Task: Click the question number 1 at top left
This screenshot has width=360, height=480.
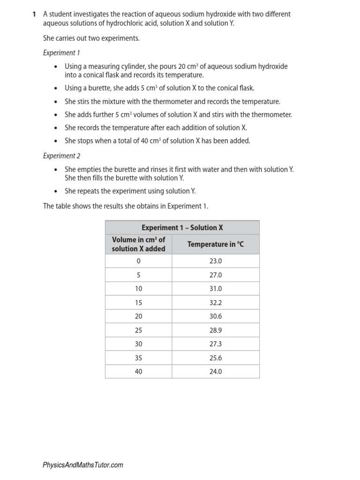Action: (34, 15)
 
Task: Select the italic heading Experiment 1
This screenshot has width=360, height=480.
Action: (61, 53)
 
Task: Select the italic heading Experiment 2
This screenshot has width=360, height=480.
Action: (62, 156)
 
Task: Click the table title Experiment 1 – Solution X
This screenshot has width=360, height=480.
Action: (182, 228)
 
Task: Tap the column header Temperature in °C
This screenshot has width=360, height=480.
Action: (215, 244)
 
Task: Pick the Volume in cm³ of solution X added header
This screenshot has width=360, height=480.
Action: (138, 244)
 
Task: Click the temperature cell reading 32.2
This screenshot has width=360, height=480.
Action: (215, 303)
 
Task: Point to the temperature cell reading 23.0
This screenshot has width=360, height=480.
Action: (215, 261)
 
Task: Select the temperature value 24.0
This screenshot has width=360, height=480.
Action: (215, 372)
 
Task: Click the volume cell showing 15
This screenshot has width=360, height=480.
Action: (138, 303)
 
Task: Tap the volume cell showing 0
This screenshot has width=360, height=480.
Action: (138, 261)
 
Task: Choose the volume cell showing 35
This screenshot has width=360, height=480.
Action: (138, 358)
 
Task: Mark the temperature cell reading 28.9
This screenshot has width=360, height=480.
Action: (215, 330)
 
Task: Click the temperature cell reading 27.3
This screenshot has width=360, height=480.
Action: (215, 344)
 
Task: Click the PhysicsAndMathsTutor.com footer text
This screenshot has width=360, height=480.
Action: (83, 465)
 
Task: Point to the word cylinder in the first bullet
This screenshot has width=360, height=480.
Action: (133, 67)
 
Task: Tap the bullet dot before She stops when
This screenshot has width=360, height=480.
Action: (56, 141)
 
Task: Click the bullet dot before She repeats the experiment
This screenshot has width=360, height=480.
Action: (56, 191)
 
